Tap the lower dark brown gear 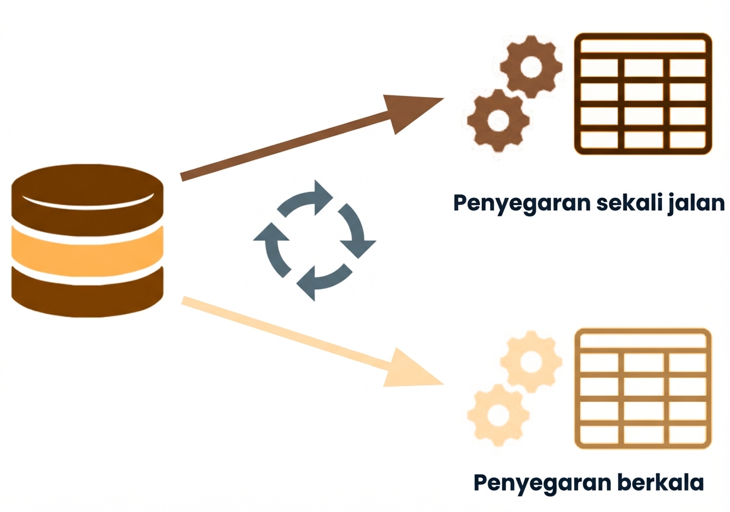(x=497, y=121)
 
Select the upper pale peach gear (x=530, y=359)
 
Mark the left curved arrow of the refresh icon (x=273, y=246)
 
